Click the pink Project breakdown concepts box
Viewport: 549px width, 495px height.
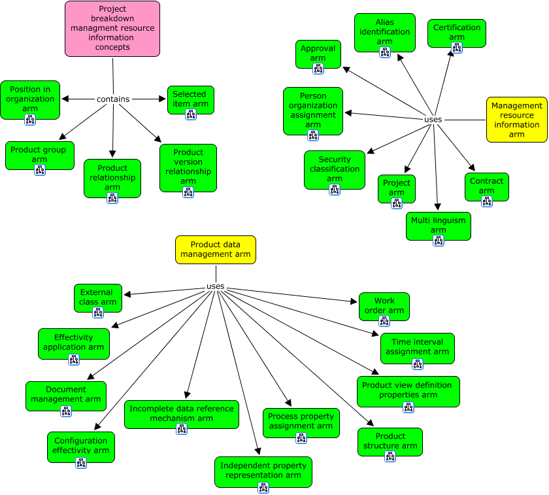click(x=112, y=28)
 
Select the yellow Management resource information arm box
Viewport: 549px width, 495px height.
click(x=516, y=119)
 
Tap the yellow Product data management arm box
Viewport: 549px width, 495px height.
click(x=216, y=249)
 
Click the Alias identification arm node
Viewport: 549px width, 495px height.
click(x=384, y=31)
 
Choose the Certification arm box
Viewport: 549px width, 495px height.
click(x=457, y=31)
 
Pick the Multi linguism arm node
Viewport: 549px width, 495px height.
click(x=438, y=224)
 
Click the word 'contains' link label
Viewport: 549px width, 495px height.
click(x=113, y=99)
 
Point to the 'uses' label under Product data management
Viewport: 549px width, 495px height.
click(x=215, y=286)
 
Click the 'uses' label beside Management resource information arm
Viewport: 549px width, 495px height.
click(x=433, y=120)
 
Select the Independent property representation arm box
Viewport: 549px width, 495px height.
click(x=263, y=470)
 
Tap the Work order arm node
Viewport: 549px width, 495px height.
click(x=384, y=305)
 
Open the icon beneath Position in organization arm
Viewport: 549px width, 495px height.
click(x=30, y=119)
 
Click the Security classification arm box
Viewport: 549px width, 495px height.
click(x=334, y=169)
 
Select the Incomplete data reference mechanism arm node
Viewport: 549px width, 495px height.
click(x=181, y=413)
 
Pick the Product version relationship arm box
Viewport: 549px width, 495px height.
click(x=188, y=167)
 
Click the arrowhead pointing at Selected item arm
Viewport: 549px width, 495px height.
click(x=163, y=99)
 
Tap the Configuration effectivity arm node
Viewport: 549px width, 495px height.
click(x=81, y=445)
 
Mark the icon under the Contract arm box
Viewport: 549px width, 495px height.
click(x=486, y=201)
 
